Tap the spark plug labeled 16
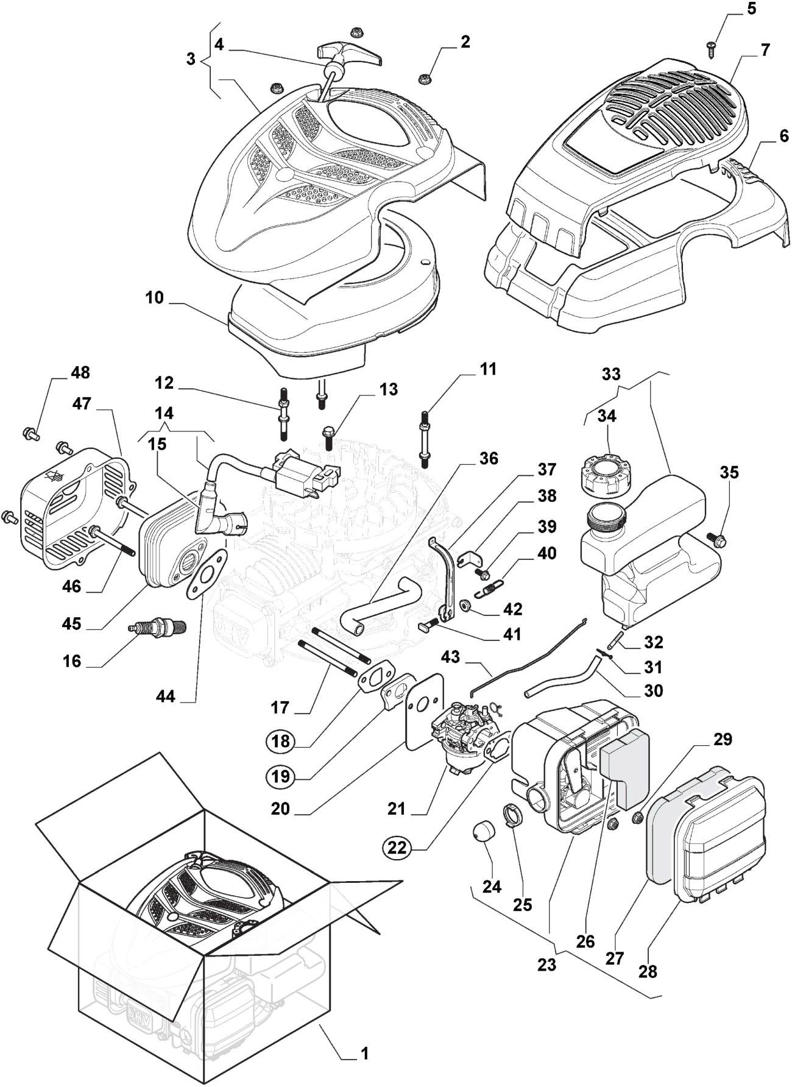pyautogui.click(x=157, y=629)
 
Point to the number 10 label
pyautogui.click(x=155, y=298)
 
